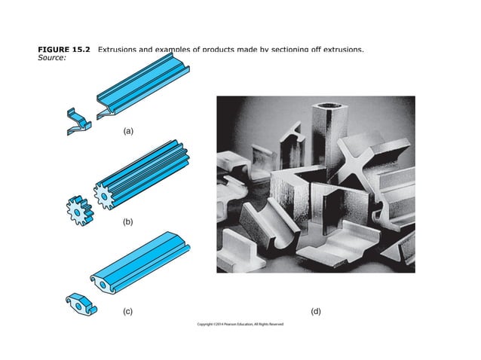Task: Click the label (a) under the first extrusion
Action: coord(128,131)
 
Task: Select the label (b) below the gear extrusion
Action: coord(128,223)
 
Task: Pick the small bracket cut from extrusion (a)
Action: coord(78,121)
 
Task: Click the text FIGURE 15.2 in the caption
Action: coord(64,50)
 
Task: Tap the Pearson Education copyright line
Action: coord(240,325)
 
